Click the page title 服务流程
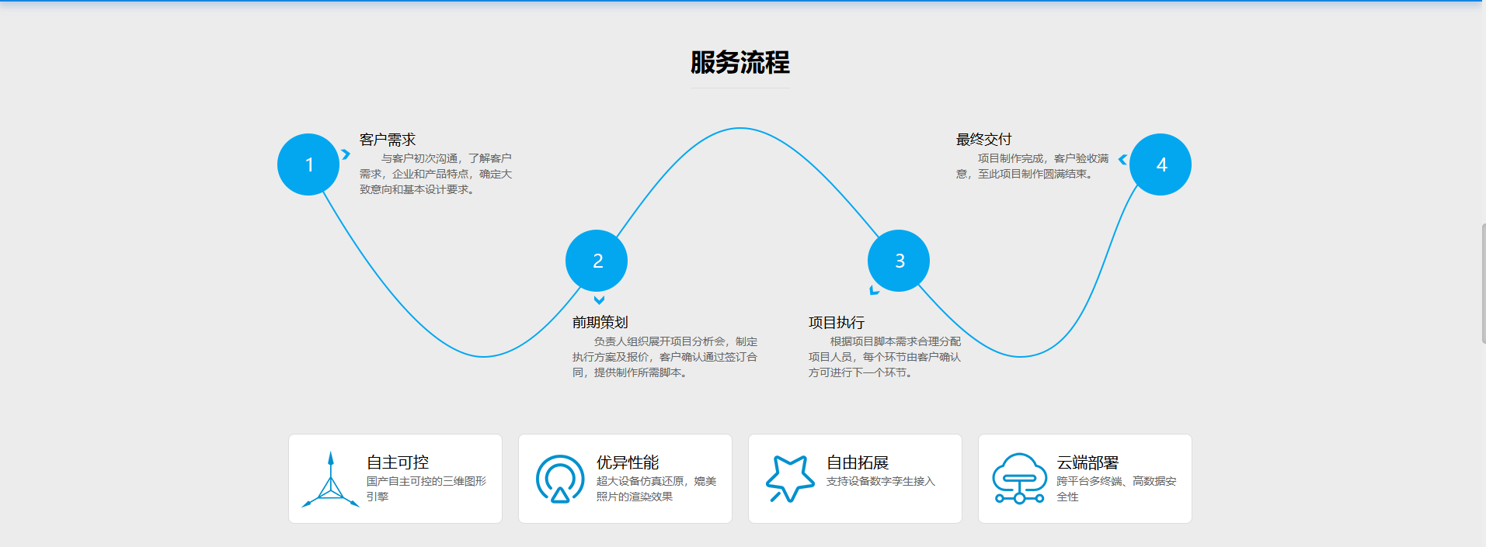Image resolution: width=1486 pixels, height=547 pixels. pos(740,63)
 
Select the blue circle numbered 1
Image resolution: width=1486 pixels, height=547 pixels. pos(308,164)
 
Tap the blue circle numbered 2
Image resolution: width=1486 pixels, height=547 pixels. pos(597,261)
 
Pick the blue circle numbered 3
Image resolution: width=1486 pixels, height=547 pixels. pos(899,261)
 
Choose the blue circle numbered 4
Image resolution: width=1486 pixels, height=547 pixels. pos(1161,164)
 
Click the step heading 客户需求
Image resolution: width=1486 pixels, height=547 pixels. pos(388,140)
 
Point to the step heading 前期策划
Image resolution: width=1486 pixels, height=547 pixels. pos(600,322)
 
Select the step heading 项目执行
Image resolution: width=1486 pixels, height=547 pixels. pos(836,322)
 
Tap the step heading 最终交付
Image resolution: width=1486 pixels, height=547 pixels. pos(983,140)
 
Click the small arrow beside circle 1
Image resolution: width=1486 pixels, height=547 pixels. pos(346,154)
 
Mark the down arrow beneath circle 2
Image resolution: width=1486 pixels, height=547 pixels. pos(599,300)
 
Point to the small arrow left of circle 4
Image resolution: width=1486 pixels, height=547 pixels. pos(1122,160)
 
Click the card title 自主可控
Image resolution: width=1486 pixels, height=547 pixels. pos(398,462)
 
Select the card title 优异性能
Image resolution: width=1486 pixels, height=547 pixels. pos(628,462)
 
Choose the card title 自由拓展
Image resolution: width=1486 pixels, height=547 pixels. pos(858,462)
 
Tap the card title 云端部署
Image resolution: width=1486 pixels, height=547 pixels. pos(1088,462)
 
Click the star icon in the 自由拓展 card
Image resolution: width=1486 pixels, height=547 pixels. pos(789,478)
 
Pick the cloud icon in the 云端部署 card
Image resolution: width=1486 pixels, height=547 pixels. pos(1019,478)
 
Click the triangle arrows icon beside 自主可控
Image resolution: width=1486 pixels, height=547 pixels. pos(331,481)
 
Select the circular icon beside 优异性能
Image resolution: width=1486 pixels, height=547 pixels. pos(560,479)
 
